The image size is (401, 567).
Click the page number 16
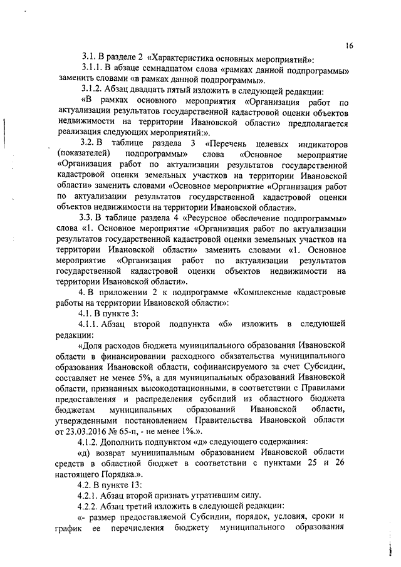pos(349,45)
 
